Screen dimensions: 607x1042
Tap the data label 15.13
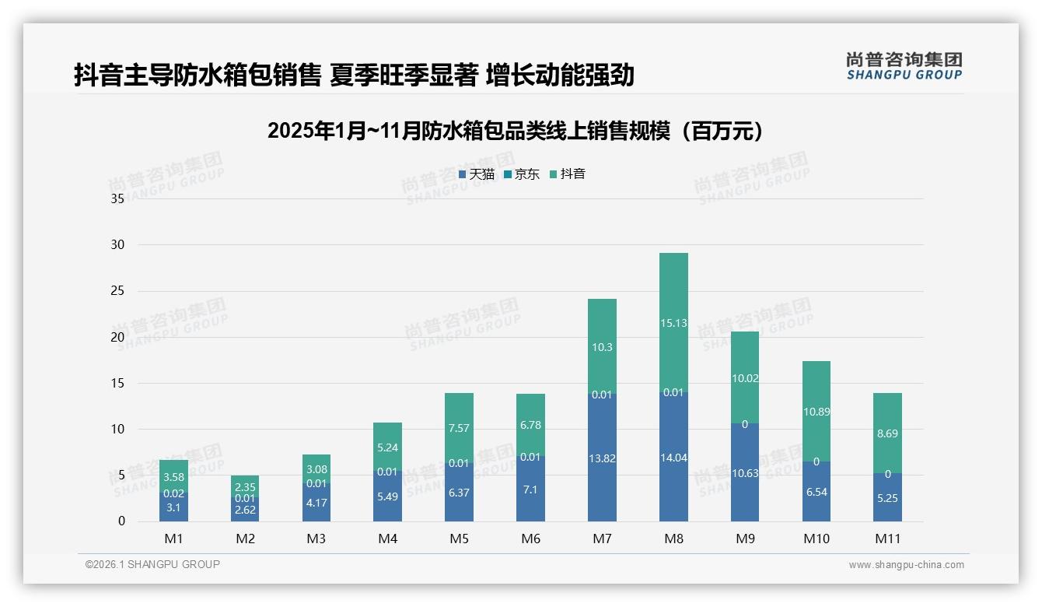[673, 323]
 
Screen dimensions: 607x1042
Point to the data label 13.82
[602, 458]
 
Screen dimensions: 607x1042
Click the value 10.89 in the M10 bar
[816, 412]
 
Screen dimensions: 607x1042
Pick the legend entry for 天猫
[477, 174]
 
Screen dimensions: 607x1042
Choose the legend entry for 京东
[522, 174]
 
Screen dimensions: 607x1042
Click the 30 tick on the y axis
[117, 244]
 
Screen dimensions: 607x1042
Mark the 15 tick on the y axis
[117, 383]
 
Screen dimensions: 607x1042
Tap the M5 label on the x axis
[459, 539]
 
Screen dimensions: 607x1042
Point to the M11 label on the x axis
[887, 539]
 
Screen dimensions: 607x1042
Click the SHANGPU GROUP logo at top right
[904, 66]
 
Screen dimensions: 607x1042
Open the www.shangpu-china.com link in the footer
[906, 565]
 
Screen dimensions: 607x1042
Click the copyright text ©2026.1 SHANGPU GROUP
[152, 564]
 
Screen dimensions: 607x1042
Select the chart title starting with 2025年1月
[516, 131]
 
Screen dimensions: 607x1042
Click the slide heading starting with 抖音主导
[354, 75]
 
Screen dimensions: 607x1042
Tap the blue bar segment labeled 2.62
[245, 510]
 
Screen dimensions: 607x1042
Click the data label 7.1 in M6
[530, 489]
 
